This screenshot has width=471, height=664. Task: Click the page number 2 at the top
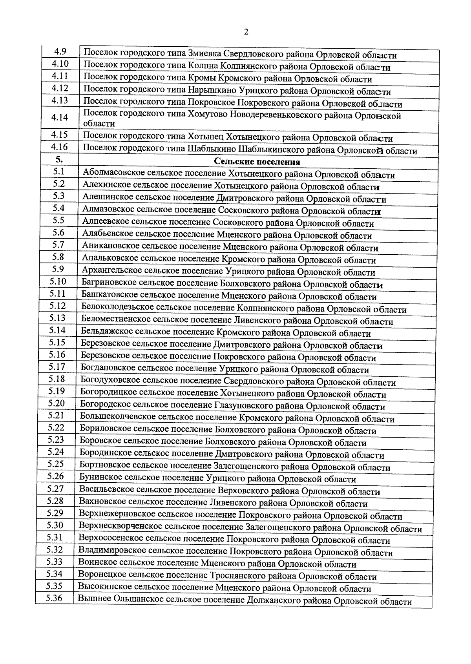pyautogui.click(x=246, y=32)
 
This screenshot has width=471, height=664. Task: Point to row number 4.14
pyautogui.click(x=60, y=117)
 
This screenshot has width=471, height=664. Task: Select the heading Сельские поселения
pyautogui.click(x=257, y=162)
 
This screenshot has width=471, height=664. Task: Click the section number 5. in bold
pyautogui.click(x=59, y=159)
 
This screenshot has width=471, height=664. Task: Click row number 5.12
pyautogui.click(x=57, y=306)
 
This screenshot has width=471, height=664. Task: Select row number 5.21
pyautogui.click(x=56, y=415)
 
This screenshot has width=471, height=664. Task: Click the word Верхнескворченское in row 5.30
pyautogui.click(x=120, y=527)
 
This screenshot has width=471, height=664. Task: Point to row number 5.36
pyautogui.click(x=54, y=598)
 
